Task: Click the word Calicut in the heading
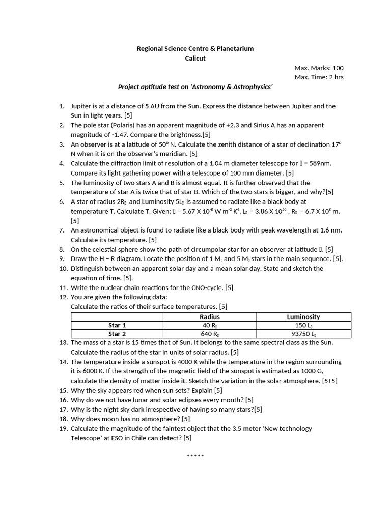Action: coord(195,58)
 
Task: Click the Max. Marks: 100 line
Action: coord(319,68)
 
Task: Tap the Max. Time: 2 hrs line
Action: coord(319,77)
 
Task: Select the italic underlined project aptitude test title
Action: coord(195,86)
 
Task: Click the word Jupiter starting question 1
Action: coord(81,106)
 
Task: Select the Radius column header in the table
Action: coord(210,316)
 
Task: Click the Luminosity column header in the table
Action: coord(303,316)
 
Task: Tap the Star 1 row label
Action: coord(117,325)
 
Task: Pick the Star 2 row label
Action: coord(117,334)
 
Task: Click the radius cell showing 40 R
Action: coord(210,325)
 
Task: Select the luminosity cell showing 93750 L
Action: coord(303,334)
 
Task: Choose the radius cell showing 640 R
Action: coord(210,334)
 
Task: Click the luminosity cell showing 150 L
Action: coord(303,325)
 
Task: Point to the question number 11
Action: coord(63,287)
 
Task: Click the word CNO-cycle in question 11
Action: coord(206,287)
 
